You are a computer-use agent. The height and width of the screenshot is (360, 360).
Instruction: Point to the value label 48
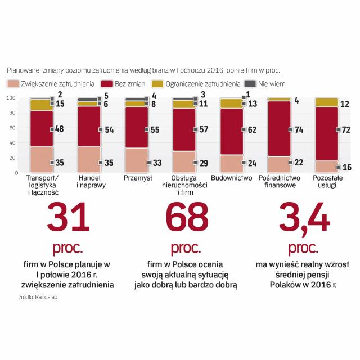59,129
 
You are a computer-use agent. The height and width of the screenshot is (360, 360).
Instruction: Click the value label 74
298,129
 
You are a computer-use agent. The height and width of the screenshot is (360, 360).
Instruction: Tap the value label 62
251,129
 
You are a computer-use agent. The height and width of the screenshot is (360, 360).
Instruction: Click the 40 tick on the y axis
12,143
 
